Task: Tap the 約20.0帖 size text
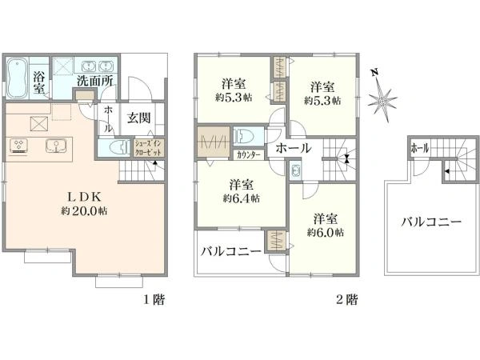pos(84,213)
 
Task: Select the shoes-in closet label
pos(147,147)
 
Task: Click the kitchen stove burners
pos(21,145)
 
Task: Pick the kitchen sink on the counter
pos(55,146)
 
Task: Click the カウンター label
pos(247,155)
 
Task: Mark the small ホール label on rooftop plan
pos(419,149)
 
